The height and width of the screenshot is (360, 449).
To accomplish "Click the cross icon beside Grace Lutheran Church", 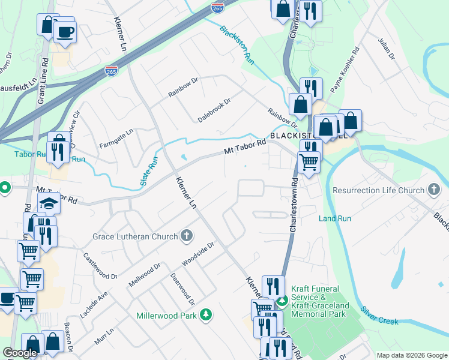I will [187, 236].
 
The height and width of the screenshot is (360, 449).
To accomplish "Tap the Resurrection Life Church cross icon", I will [434, 190].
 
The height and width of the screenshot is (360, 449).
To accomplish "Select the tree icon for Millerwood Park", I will [206, 314].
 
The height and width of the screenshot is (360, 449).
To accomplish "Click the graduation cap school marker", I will [49, 204].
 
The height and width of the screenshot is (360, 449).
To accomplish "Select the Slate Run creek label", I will [149, 171].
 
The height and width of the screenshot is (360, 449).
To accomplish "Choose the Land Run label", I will [335, 218].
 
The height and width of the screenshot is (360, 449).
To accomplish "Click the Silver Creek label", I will [379, 316].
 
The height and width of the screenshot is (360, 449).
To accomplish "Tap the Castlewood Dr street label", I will [100, 266].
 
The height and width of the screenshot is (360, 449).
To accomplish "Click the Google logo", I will [20, 353].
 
